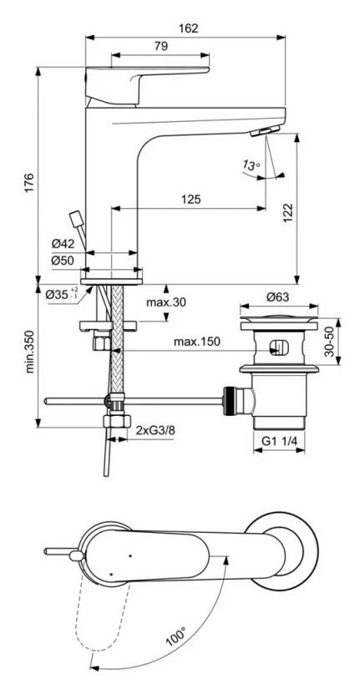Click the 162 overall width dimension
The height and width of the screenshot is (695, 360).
[x=190, y=28]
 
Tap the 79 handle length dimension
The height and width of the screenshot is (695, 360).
[x=161, y=46]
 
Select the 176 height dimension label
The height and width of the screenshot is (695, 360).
[x=29, y=183]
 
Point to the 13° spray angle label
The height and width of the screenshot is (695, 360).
[x=251, y=165]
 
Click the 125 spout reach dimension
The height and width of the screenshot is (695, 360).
[x=190, y=199]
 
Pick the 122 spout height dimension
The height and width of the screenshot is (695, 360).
[x=287, y=214]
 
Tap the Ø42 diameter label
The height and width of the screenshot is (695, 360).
[x=63, y=243]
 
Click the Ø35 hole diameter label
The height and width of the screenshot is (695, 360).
[x=62, y=293]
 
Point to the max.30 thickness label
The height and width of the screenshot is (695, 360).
[x=167, y=302]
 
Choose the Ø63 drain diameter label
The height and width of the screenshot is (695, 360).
[x=278, y=297]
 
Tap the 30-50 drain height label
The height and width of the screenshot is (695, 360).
[x=329, y=342]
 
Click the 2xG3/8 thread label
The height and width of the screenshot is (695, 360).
[x=154, y=430]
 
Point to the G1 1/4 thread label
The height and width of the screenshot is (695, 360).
[x=279, y=441]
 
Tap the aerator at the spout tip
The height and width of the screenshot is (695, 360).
[x=265, y=131]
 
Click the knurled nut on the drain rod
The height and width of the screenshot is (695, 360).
[x=229, y=401]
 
